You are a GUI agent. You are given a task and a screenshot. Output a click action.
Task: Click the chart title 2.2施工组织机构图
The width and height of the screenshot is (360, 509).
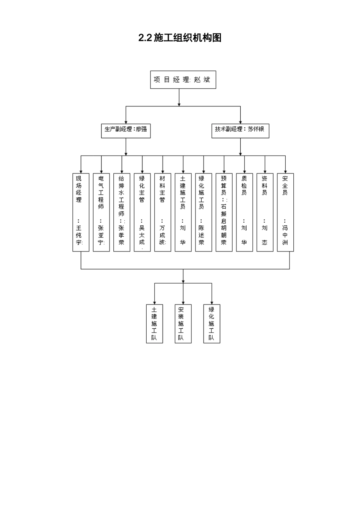[x=180, y=38]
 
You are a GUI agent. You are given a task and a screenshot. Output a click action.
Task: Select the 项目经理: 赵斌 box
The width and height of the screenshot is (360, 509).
[x=183, y=80]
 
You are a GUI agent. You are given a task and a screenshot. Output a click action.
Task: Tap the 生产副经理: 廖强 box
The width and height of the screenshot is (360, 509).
[x=126, y=130]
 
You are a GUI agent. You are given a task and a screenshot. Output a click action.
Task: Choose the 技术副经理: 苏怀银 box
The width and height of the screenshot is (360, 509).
[x=240, y=130]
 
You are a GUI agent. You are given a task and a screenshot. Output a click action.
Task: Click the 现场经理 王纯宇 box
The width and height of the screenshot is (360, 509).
[x=81, y=212]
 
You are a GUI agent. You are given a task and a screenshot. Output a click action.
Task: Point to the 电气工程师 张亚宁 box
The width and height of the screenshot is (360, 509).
[x=101, y=212]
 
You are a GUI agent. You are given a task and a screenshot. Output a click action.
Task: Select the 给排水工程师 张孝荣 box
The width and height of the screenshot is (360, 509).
[x=122, y=212]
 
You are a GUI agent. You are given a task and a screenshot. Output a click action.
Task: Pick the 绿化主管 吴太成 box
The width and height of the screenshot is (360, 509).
[x=142, y=212]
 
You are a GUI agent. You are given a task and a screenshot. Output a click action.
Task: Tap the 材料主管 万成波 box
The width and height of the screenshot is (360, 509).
[x=163, y=212]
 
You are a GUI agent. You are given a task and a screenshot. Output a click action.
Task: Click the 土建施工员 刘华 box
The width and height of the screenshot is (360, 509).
[x=183, y=212]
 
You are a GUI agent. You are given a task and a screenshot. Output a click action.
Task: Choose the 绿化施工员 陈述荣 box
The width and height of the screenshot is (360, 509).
[x=203, y=212]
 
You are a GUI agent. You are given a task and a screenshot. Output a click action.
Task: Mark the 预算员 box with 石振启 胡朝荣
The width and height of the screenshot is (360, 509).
[x=224, y=212]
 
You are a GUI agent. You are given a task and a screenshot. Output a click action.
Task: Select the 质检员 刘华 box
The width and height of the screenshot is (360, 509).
[x=244, y=212]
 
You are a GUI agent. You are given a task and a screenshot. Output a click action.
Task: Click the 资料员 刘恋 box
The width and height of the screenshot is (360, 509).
[x=265, y=212]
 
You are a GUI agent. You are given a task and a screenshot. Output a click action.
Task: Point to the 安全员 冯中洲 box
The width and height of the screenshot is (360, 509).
[x=285, y=212]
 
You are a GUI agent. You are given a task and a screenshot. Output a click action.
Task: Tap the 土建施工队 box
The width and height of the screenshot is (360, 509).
[x=155, y=324]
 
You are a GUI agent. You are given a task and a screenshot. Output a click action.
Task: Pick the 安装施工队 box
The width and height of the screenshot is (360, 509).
[x=183, y=324]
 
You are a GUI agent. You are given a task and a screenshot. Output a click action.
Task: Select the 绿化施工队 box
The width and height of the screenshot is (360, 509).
[x=211, y=324]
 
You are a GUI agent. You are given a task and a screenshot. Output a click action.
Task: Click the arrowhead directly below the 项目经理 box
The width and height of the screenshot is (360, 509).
[x=179, y=103]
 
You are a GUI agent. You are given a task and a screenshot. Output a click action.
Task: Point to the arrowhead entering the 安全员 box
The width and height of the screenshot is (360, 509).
[x=285, y=171]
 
